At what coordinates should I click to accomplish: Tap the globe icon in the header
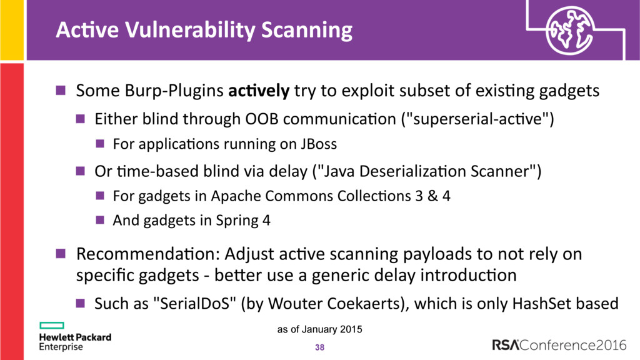pos(570,30)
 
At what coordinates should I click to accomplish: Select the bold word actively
pos(259,91)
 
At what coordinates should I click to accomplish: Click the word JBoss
pos(319,144)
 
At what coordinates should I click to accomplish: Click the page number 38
pos(319,347)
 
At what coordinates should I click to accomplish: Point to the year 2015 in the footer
pos(352,329)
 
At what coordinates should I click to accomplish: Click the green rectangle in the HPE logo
pos(52,325)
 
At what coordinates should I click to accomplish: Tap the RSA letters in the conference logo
pos(506,345)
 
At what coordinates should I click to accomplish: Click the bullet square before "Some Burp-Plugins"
pos(61,90)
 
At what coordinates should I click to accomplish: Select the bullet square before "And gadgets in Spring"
pos(100,221)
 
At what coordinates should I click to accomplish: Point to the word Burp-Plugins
pos(174,91)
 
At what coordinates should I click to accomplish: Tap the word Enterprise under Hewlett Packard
pos(61,347)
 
